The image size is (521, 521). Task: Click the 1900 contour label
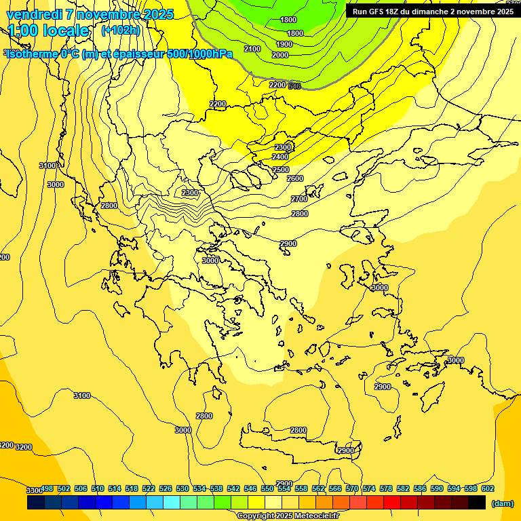pyautogui.click(x=284, y=44)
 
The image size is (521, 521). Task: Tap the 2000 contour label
pyautogui.click(x=280, y=55)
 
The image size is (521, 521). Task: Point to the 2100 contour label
pyautogui.click(x=252, y=49)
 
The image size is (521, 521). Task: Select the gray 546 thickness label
pyautogui.click(x=294, y=85)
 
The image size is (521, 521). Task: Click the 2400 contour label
pyautogui.click(x=280, y=157)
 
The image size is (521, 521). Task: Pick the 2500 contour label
pyautogui.click(x=280, y=170)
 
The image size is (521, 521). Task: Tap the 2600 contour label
pyautogui.click(x=295, y=178)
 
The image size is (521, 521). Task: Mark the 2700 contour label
pyautogui.click(x=299, y=199)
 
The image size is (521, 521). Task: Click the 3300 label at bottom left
pyautogui.click(x=35, y=490)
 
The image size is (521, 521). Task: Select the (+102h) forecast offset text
pyautogui.click(x=120, y=30)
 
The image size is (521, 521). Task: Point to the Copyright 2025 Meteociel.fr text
pyautogui.click(x=288, y=516)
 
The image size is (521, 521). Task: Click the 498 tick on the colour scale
pyautogui.click(x=47, y=488)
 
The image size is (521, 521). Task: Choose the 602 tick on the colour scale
pyautogui.click(x=487, y=488)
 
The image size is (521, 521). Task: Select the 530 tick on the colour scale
pyautogui.click(x=182, y=488)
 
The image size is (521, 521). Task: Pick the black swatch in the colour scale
pyautogui.click(x=477, y=502)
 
